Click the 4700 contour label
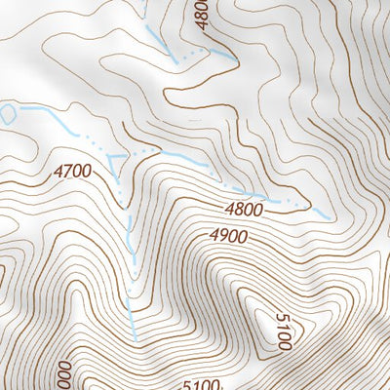point(73,171)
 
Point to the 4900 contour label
point(227,237)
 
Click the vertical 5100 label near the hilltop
point(282,332)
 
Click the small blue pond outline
point(8,113)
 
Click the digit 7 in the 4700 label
point(67,171)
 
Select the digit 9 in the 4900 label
point(221,237)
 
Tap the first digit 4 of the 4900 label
point(213,237)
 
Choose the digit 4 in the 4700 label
point(58,171)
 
